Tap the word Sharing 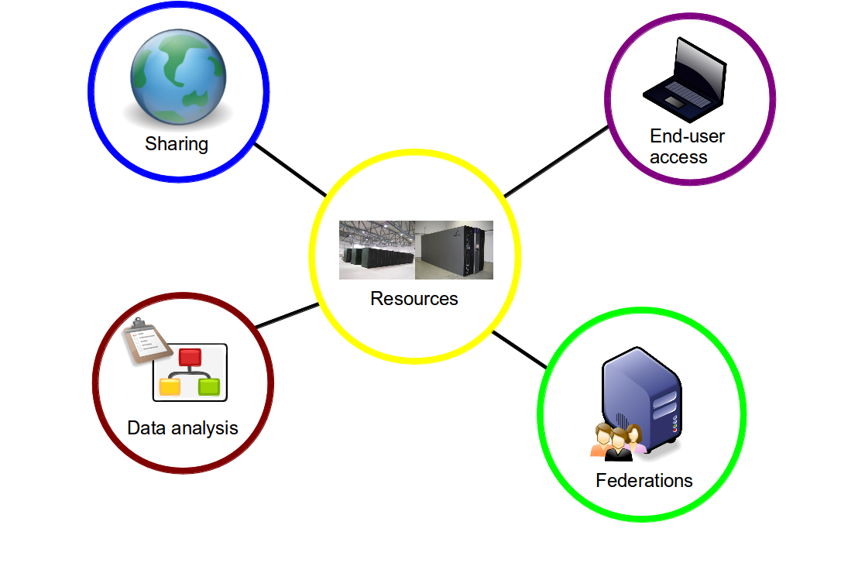(177, 144)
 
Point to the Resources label (414, 299)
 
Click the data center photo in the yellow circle (416, 249)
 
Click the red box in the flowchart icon (190, 358)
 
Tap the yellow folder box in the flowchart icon (170, 386)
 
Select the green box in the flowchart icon (209, 386)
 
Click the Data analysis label (183, 428)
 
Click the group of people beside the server (618, 442)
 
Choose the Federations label (644, 481)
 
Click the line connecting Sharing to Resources (290, 170)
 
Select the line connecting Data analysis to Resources (287, 315)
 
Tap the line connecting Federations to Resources (520, 349)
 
